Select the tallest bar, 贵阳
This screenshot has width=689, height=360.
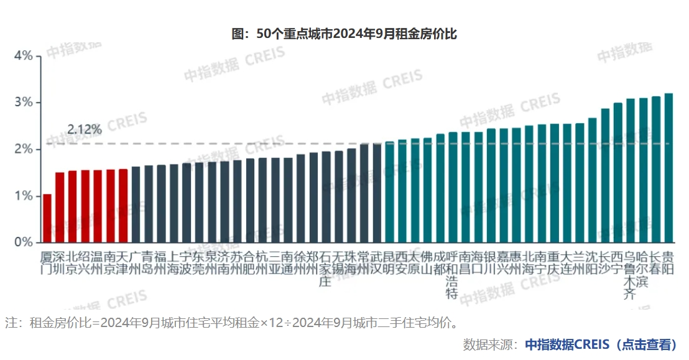pos(668,168)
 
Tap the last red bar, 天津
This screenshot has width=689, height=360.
pos(123,205)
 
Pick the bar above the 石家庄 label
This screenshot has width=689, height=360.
pos(326,196)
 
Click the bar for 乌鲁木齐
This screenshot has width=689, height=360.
pos(630,170)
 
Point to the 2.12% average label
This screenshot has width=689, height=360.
pos(85,130)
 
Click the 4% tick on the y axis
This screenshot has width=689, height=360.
pos(23,56)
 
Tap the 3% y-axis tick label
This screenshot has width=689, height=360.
pos(23,103)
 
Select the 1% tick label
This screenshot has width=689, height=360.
pos(23,196)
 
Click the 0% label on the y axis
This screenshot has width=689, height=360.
pos(23,242)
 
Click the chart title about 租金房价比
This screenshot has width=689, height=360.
pos(344,34)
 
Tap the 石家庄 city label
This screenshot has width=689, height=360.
pos(326,269)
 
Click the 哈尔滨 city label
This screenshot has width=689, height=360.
pos(643,269)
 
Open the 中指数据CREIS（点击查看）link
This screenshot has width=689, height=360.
pos(600,344)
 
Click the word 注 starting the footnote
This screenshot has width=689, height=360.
pos(11,323)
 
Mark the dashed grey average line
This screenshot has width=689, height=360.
pos(249,144)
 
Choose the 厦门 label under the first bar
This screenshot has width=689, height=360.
pos(47,264)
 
